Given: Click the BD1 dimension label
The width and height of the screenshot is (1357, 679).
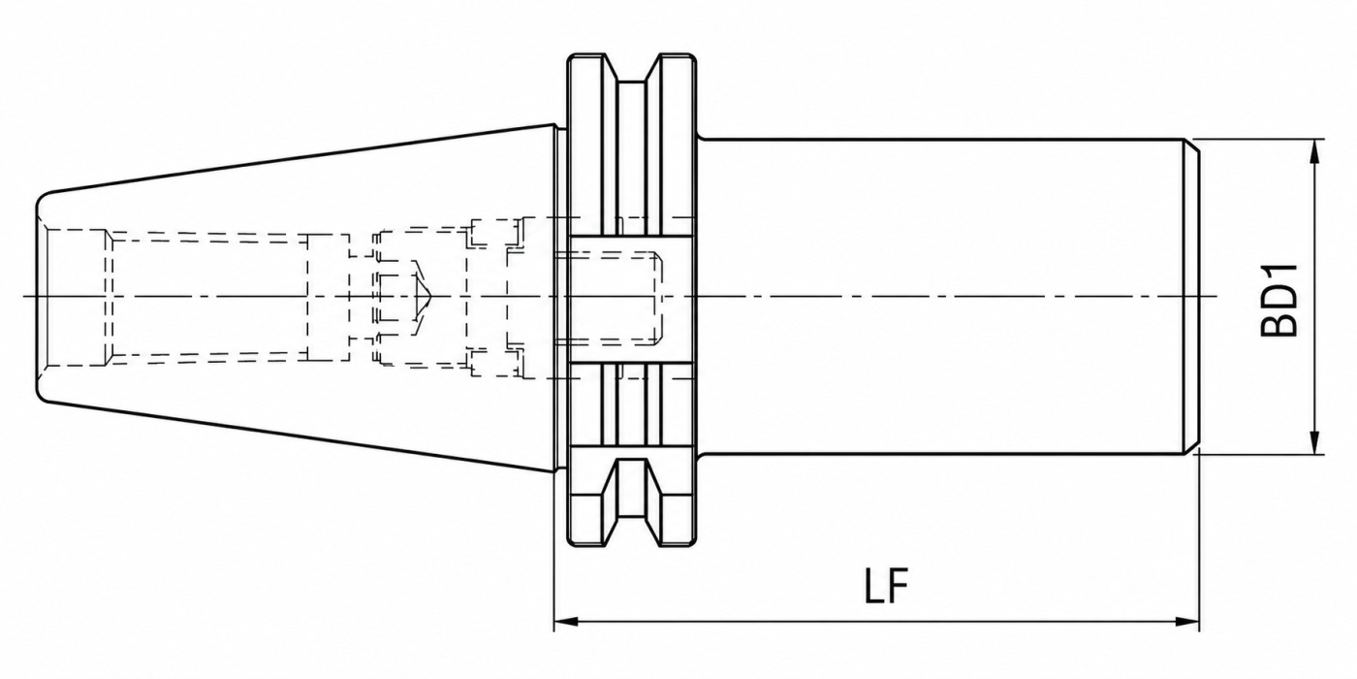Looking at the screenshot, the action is click(1279, 300).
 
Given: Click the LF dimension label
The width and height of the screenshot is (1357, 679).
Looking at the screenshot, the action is click(887, 586).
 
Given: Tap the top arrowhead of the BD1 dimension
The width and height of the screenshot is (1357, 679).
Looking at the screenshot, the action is click(1314, 151).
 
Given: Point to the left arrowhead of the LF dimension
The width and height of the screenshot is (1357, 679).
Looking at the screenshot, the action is click(566, 622).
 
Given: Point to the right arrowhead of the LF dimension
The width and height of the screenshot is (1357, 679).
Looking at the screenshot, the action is click(1187, 622).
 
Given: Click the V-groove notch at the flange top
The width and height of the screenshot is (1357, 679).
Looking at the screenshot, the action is click(632, 68).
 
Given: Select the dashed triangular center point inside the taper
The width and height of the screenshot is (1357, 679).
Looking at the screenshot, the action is click(422, 297).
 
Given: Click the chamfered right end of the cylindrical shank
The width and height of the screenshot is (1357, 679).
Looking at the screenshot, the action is click(1192, 297).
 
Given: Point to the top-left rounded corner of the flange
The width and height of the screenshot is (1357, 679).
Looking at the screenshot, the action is click(571, 58).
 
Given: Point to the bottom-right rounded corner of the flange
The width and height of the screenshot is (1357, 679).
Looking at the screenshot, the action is click(692, 542).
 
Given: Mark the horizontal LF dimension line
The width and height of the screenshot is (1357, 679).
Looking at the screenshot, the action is click(876, 622).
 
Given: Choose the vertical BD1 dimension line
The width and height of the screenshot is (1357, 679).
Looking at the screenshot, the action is click(1314, 297).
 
